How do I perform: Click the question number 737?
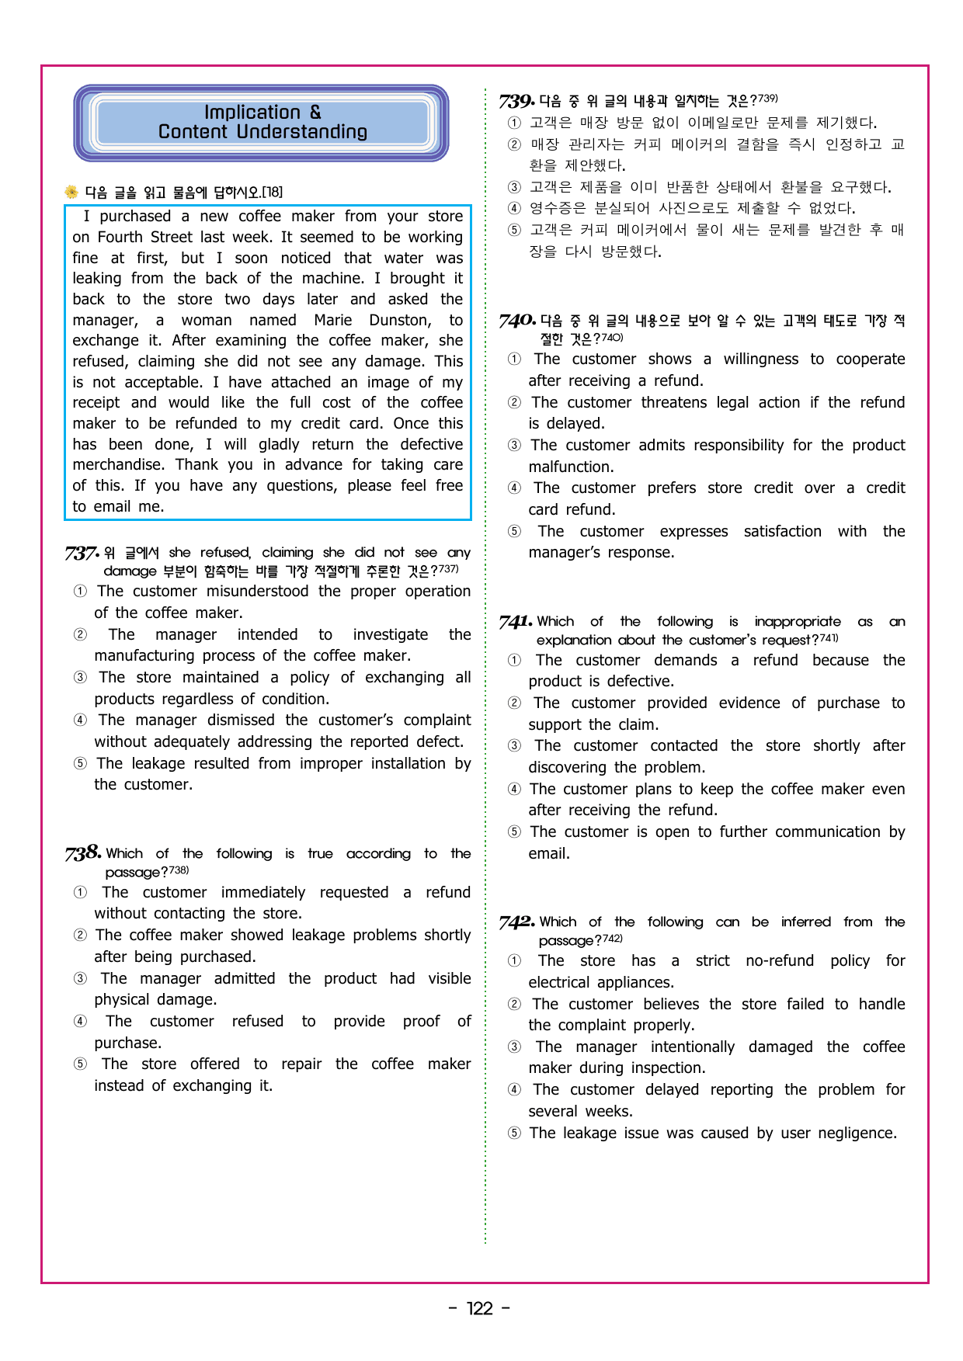[x=81, y=554]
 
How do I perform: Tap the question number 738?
[x=82, y=853]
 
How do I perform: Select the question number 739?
[x=516, y=101]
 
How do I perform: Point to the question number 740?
[x=517, y=321]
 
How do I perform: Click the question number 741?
[x=516, y=622]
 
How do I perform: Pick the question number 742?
[x=516, y=922]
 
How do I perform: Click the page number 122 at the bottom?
[x=480, y=1309]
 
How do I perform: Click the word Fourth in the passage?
[x=118, y=238]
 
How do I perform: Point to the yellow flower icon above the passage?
[x=71, y=192]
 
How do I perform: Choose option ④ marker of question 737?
[x=81, y=720]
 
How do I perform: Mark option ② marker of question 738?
[x=81, y=936]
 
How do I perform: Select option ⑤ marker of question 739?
[x=515, y=230]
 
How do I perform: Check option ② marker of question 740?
[x=515, y=403]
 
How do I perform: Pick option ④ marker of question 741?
[x=515, y=790]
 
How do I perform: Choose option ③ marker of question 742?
[x=515, y=1047]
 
